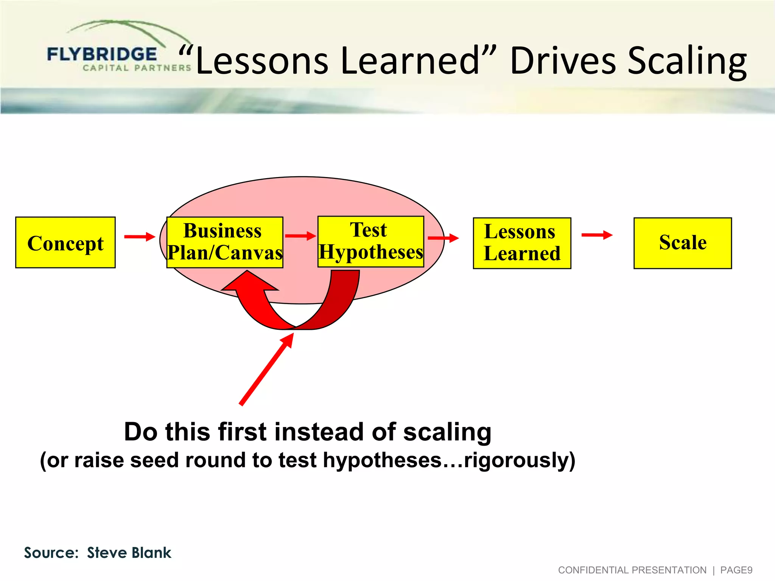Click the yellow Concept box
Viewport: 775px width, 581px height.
click(x=65, y=242)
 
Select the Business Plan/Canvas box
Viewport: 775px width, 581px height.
click(x=225, y=242)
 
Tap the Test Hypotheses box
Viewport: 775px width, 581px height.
click(x=370, y=241)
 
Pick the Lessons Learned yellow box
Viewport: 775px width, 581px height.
click(x=522, y=243)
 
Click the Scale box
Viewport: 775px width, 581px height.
click(x=682, y=243)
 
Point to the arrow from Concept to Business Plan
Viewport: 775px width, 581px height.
click(x=139, y=237)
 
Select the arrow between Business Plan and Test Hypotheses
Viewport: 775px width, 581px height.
click(x=300, y=236)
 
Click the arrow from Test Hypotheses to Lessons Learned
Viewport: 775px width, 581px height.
click(x=443, y=238)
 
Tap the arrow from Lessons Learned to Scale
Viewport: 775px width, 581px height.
click(x=596, y=235)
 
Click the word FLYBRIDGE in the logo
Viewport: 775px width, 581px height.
click(x=102, y=54)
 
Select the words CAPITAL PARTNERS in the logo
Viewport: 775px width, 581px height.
click(x=137, y=68)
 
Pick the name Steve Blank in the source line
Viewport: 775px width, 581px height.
click(x=129, y=553)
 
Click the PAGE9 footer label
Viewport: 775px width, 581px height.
click(x=736, y=570)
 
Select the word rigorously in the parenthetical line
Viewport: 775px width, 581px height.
click(x=517, y=460)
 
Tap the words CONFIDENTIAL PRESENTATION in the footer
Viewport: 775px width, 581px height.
click(x=632, y=570)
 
